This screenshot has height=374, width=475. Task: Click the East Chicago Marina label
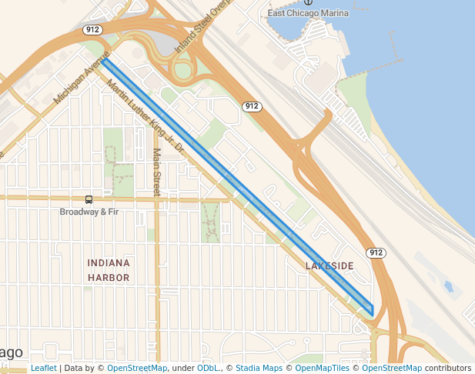[308, 13]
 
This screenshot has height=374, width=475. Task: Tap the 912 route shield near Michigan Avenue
[92, 30]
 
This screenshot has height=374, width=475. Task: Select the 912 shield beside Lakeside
[376, 252]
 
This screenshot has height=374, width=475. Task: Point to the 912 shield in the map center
[251, 106]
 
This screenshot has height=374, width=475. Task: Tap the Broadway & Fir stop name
[89, 212]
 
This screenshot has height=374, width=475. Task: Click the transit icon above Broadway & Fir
[89, 199]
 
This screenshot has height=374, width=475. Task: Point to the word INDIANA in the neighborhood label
[108, 263]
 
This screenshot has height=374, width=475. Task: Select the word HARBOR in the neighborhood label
[108, 277]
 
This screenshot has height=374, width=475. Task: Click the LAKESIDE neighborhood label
[329, 265]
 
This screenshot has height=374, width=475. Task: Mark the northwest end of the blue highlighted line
[105, 59]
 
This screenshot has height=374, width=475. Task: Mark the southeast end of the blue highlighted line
[373, 312]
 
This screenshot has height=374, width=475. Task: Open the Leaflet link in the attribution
[43, 368]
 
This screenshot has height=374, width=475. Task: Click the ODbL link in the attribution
[207, 368]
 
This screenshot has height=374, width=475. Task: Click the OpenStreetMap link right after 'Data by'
[137, 368]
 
